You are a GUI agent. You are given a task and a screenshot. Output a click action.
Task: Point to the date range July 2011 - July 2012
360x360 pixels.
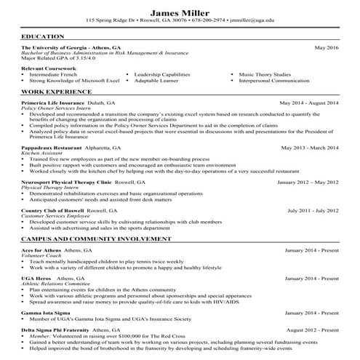pos(313,210)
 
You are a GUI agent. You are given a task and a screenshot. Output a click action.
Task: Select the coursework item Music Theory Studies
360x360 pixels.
pos(265,74)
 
